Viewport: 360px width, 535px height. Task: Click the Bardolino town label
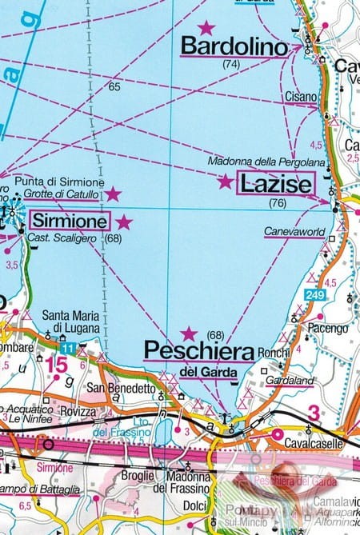234,47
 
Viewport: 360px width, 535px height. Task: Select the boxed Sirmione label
70,220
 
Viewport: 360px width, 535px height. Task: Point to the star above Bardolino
206,27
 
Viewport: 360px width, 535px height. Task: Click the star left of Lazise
226,182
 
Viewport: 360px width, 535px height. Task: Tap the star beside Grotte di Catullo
114,194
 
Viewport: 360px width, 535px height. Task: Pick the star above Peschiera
189,333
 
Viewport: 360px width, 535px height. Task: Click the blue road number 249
314,297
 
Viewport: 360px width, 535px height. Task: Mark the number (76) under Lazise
277,203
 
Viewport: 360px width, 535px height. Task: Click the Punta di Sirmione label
54,182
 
